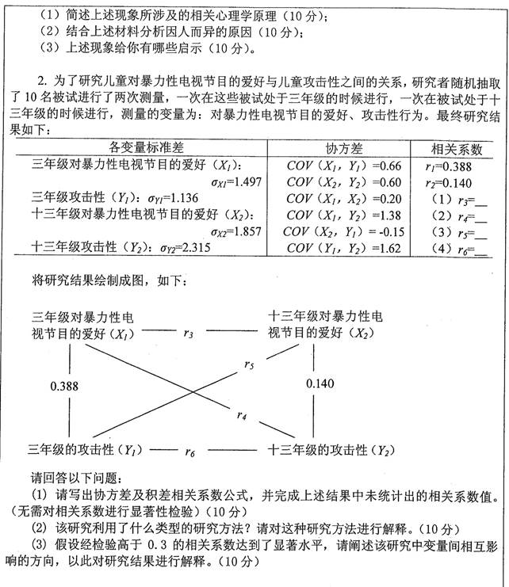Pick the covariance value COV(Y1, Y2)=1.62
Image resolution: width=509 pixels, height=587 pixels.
[345, 249]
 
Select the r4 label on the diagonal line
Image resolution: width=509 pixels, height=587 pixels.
[242, 414]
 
